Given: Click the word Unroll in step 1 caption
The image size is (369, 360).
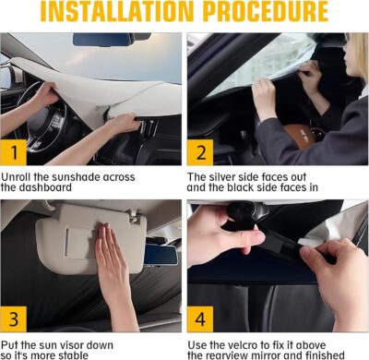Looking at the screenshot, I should (19, 176).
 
